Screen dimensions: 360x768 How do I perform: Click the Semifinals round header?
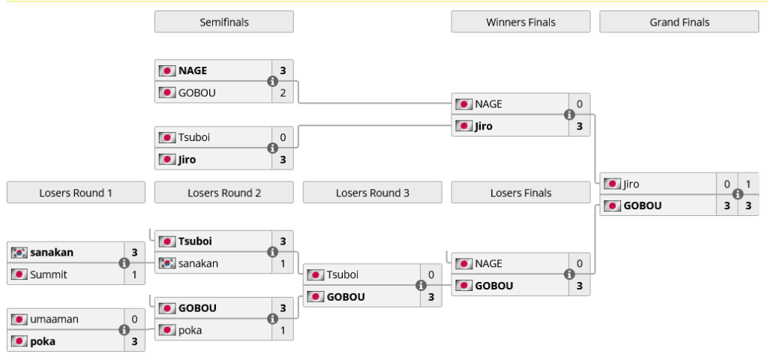click(223, 22)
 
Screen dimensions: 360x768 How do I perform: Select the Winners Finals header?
click(520, 22)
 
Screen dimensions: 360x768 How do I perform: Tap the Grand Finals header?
click(679, 22)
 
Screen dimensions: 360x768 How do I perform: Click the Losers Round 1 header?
click(76, 193)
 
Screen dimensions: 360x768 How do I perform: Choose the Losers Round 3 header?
click(372, 193)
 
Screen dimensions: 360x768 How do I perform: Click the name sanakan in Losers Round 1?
click(52, 253)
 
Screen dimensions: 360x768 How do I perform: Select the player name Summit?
click(49, 274)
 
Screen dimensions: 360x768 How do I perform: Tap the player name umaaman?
click(54, 319)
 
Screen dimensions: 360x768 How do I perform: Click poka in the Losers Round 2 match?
click(190, 330)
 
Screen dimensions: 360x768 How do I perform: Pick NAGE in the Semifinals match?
click(193, 71)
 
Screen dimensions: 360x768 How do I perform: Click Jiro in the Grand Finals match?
click(631, 184)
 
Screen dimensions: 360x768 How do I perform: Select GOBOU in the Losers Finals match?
click(493, 286)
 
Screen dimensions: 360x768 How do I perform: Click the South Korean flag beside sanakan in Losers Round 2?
click(166, 263)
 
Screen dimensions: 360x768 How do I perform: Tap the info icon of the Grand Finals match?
click(737, 194)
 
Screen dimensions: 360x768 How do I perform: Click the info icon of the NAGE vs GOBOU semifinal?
click(273, 82)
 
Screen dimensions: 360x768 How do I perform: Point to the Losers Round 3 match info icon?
click(421, 285)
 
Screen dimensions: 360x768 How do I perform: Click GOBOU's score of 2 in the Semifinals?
click(283, 93)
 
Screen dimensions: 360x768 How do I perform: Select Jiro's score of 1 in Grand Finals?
click(748, 184)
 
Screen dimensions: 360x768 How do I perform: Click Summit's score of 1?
click(134, 274)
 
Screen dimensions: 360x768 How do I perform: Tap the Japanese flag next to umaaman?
click(19, 319)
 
